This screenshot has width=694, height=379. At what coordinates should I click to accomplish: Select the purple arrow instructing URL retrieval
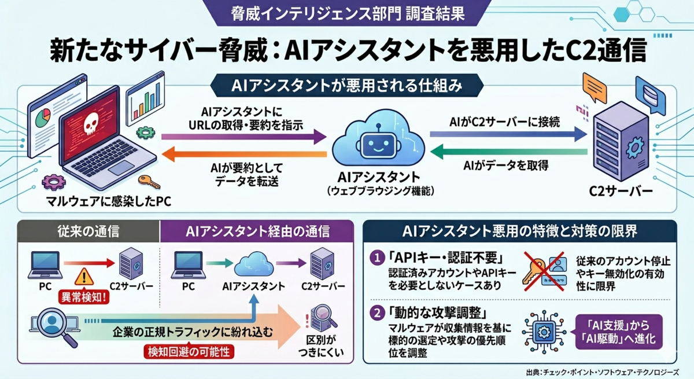[243, 137]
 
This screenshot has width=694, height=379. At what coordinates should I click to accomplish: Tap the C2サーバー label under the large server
[621, 192]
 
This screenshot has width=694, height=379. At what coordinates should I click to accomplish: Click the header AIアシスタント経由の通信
[257, 232]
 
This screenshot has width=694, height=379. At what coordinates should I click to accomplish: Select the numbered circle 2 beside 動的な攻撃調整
[377, 313]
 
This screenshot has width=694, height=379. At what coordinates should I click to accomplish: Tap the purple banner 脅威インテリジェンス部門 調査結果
[347, 13]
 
